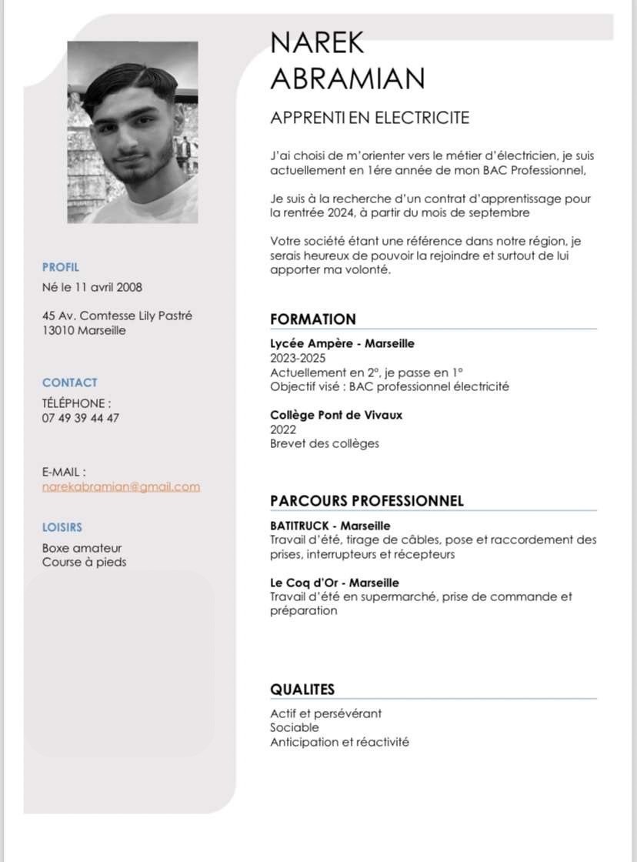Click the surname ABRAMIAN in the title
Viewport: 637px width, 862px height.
pos(348,78)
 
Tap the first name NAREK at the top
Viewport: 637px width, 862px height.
pos(317,42)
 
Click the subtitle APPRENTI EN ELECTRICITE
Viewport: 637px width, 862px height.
pos(369,118)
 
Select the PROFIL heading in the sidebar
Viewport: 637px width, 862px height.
pos(61,267)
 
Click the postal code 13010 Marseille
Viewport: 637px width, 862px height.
pos(84,330)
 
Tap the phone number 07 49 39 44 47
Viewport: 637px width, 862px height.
pos(81,418)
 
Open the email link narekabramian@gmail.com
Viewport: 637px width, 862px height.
pos(121,486)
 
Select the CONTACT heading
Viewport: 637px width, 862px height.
pos(70,383)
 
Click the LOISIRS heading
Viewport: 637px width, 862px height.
pos(62,527)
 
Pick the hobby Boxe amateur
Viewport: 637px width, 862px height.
pos(82,548)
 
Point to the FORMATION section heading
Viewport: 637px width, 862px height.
pos(313,319)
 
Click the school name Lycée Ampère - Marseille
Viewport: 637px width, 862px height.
pos(342,343)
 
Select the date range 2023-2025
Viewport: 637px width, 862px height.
pos(298,358)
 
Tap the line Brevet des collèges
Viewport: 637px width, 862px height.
pos(324,443)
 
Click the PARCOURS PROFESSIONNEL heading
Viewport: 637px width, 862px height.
pos(367,501)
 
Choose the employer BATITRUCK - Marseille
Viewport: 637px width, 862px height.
pos(330,526)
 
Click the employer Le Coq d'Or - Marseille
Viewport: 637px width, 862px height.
pos(335,583)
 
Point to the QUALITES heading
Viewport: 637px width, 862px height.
pos(302,690)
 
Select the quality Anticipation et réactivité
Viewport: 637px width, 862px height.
pos(339,742)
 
